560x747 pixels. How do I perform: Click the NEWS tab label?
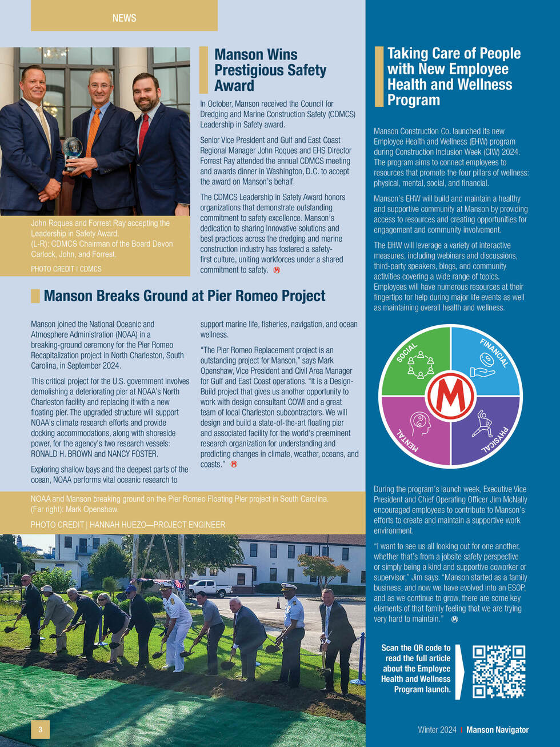(x=124, y=18)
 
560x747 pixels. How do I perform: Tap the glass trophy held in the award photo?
(x=73, y=150)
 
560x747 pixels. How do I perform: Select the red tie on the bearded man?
(x=143, y=133)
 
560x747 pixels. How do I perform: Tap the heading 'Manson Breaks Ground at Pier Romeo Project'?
(x=184, y=296)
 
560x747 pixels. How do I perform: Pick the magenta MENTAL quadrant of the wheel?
(x=416, y=430)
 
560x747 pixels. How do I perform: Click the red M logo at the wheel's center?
(x=450, y=396)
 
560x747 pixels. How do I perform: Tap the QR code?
(x=498, y=672)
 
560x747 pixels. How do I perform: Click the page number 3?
(x=40, y=729)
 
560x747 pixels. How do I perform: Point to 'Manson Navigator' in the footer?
(x=497, y=730)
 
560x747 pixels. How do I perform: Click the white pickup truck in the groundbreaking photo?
(x=210, y=588)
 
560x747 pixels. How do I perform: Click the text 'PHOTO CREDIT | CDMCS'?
(x=66, y=269)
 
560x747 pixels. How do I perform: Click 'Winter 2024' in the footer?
(x=437, y=730)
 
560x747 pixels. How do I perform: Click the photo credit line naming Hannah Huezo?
(x=127, y=525)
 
